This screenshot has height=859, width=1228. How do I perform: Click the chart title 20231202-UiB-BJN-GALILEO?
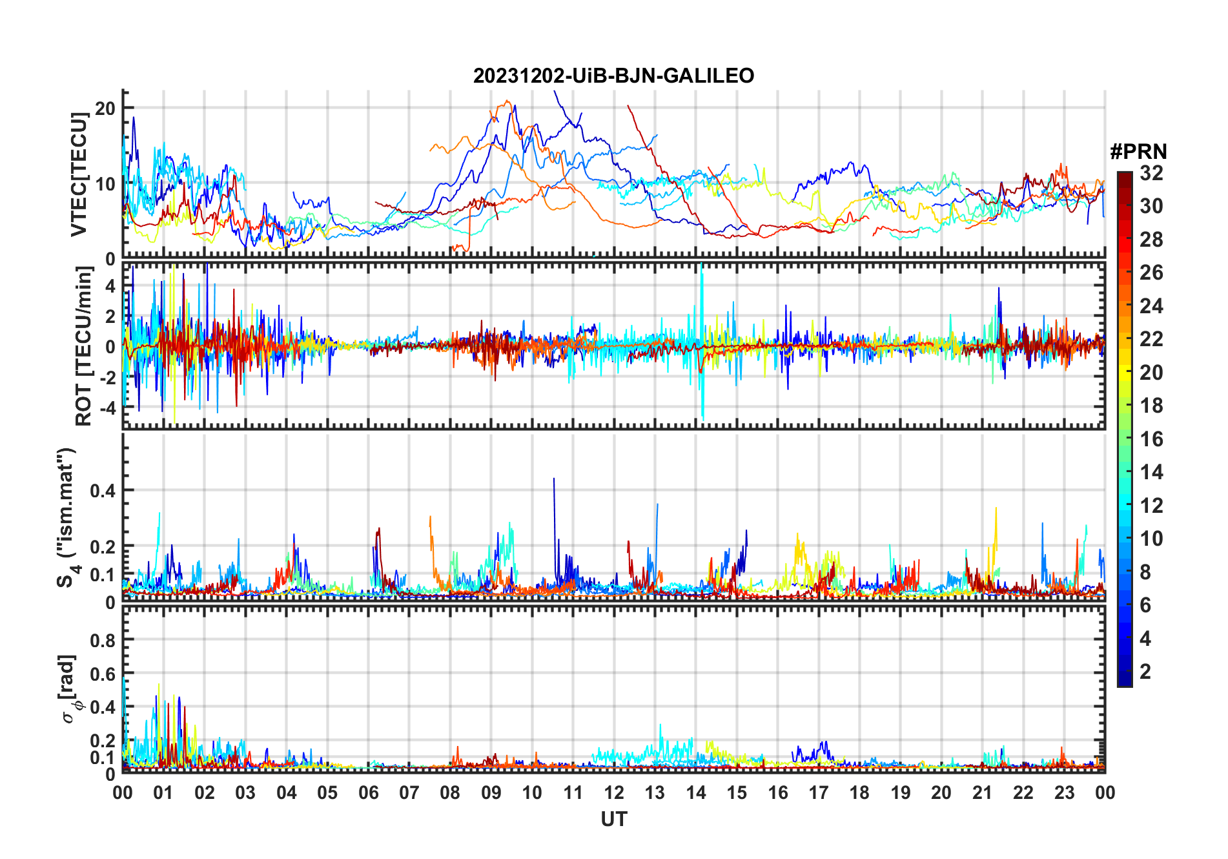tap(613, 76)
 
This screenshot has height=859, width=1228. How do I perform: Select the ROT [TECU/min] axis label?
tap(84, 346)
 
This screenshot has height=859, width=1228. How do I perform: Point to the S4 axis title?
tap(67, 517)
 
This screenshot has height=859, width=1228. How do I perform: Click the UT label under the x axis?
tap(613, 819)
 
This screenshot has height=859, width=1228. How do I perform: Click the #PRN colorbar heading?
tap(1138, 152)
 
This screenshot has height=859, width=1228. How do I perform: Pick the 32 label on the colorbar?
tap(1151, 173)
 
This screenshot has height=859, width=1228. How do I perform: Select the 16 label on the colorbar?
tap(1151, 439)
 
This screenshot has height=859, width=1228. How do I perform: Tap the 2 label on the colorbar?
tap(1145, 672)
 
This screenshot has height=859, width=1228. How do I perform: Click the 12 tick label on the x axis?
tap(614, 792)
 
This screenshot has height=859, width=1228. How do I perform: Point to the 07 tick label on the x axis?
tap(409, 792)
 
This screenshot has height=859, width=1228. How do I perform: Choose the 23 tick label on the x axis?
tap(1064, 792)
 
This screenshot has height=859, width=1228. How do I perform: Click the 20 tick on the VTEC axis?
tap(105, 109)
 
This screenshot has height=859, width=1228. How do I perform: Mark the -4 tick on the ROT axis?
tap(107, 408)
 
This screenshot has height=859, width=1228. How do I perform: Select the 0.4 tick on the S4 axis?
tap(103, 490)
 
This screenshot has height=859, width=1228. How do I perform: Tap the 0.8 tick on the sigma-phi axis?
tap(103, 640)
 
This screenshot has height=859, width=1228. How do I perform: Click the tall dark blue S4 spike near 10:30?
tap(554, 481)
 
